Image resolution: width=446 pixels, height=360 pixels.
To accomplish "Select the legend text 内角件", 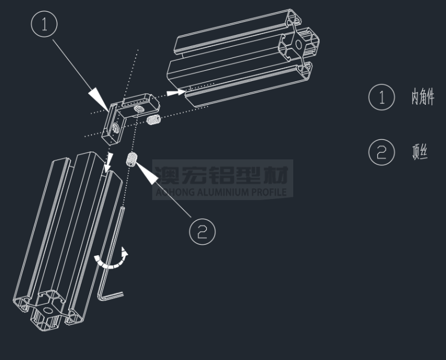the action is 423,96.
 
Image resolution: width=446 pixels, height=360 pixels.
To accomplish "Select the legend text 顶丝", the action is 420,152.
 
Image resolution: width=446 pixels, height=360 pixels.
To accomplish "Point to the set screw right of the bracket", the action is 154,119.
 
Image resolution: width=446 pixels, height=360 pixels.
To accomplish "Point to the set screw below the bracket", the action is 131,159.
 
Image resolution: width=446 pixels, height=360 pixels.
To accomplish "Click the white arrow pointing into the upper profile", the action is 176,93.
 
